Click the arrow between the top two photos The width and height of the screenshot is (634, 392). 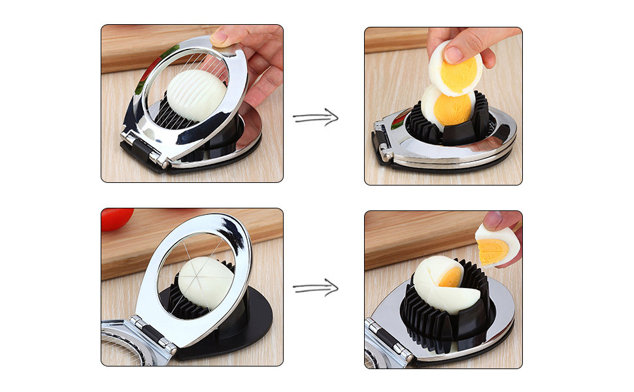(x=316, y=118)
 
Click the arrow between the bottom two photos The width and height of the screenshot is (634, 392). (x=316, y=287)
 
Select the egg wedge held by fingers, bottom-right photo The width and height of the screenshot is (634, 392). (x=498, y=245)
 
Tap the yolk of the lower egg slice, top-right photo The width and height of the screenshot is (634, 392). (x=452, y=108)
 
